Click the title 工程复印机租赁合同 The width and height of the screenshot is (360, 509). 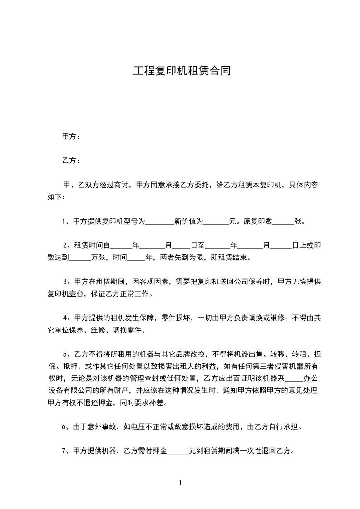[x=182, y=71]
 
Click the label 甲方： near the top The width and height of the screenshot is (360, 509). [x=71, y=137]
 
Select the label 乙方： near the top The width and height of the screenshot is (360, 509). [x=71, y=161]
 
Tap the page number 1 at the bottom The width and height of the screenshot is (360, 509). [x=180, y=483]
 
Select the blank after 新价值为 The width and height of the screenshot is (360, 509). [x=216, y=222]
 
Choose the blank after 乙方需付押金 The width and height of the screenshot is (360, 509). [x=178, y=451]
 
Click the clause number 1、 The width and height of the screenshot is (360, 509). [x=65, y=222]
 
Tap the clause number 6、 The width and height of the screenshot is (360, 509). [x=65, y=427]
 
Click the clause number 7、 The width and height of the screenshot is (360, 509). [x=65, y=451]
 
